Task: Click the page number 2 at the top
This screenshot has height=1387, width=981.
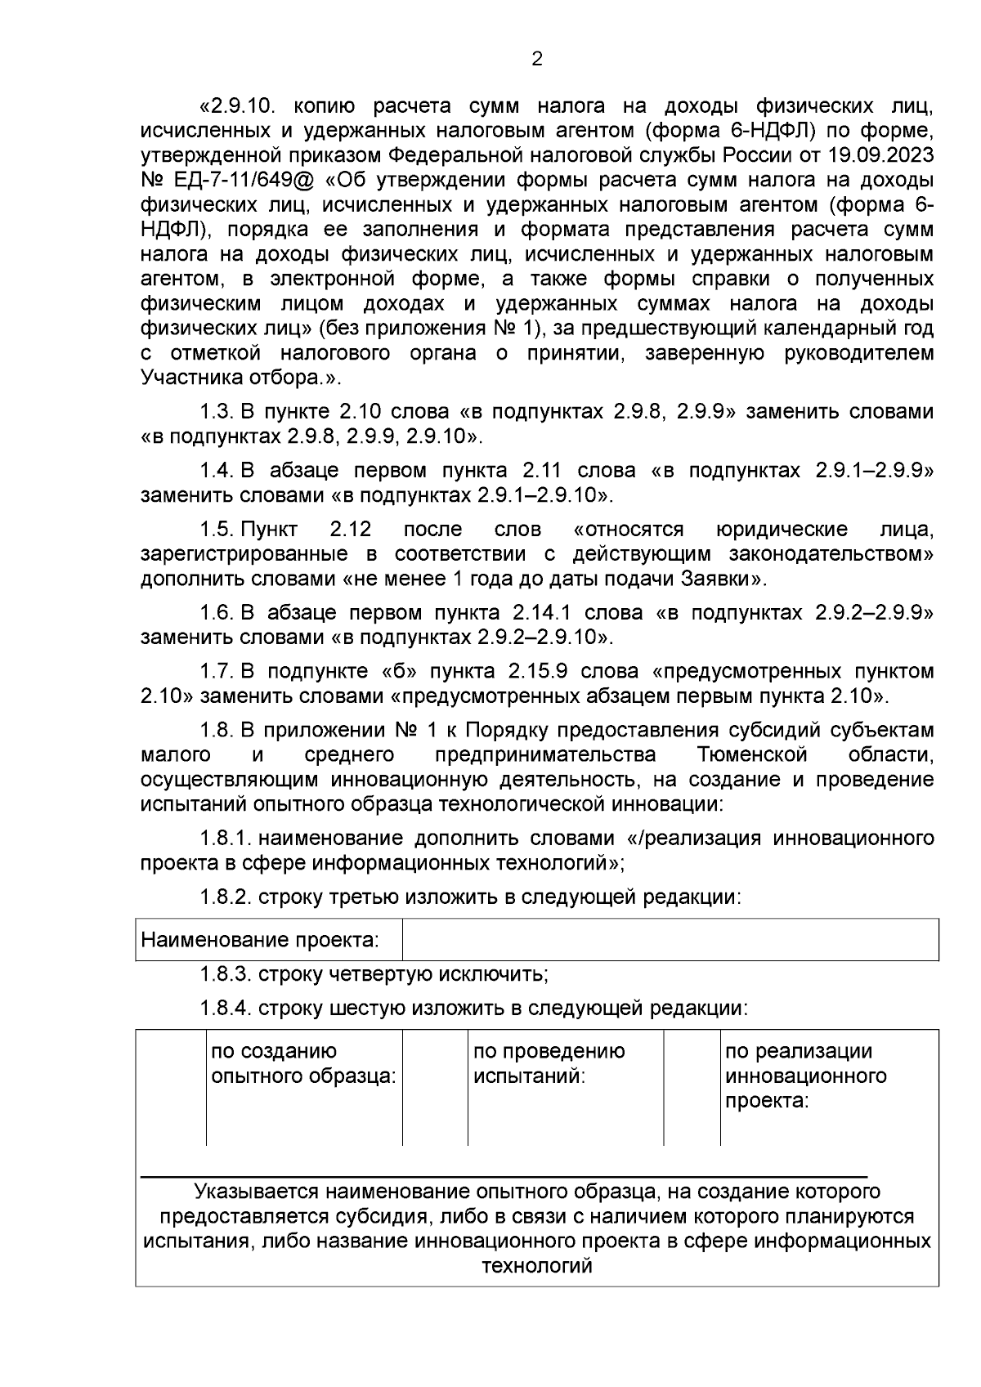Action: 537,59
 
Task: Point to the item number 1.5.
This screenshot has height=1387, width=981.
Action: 217,529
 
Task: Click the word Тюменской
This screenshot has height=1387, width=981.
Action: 753,754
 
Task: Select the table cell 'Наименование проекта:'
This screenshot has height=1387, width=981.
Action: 261,939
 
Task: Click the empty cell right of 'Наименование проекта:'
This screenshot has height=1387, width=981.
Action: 670,939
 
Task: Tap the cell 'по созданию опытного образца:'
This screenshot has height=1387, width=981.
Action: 303,1063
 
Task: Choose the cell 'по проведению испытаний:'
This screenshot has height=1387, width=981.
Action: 549,1063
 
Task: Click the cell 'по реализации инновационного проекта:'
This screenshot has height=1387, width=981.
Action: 805,1076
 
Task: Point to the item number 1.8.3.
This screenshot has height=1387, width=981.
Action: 226,974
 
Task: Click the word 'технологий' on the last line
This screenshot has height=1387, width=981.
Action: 537,1266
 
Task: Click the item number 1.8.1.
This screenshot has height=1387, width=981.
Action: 226,838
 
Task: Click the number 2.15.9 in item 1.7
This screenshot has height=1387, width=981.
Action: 538,671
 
